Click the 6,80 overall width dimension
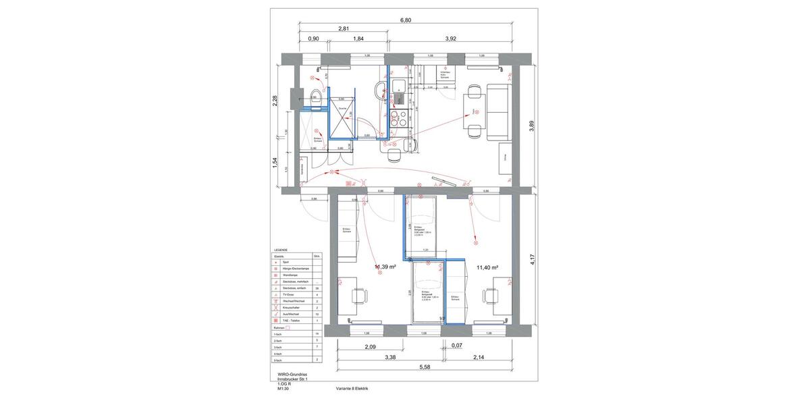click(x=406, y=20)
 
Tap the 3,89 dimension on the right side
click(x=533, y=126)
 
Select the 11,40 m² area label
click(x=487, y=267)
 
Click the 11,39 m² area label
click(x=385, y=267)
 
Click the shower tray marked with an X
click(x=342, y=124)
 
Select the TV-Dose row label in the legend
click(x=282, y=295)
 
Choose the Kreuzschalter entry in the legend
click(x=284, y=308)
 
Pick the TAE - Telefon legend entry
click(x=285, y=321)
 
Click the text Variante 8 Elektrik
click(x=352, y=389)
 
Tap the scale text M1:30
click(x=283, y=389)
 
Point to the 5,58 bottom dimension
click(x=425, y=367)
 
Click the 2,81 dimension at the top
click(x=344, y=29)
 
